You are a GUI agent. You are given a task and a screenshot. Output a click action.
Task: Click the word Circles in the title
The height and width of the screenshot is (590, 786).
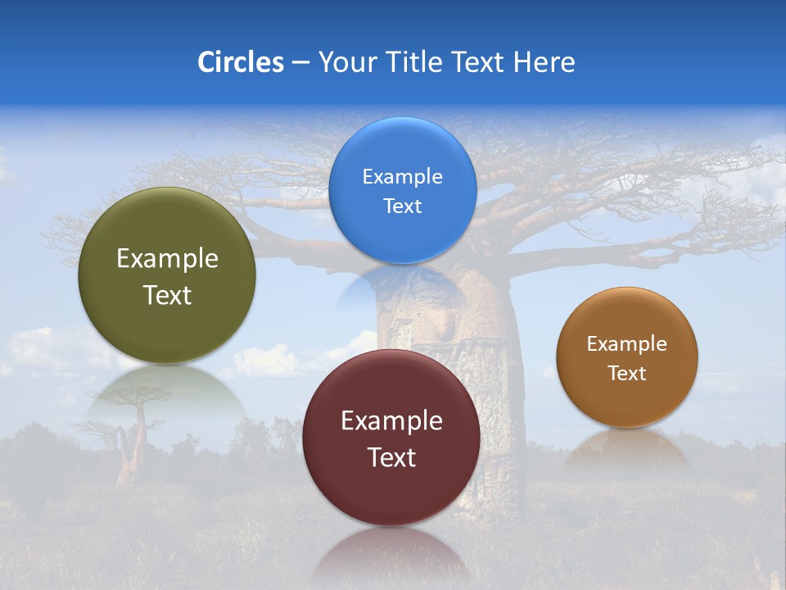point(241,62)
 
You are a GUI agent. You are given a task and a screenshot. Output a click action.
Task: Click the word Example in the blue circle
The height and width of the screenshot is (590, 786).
point(402,177)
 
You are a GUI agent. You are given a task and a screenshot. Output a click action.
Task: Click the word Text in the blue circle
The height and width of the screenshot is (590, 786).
point(402,206)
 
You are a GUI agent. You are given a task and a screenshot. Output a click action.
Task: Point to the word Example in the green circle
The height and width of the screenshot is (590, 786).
point(167,259)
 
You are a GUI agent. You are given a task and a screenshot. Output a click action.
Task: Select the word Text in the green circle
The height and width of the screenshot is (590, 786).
point(167,295)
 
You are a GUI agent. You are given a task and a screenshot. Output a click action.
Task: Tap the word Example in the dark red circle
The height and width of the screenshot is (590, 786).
point(391,421)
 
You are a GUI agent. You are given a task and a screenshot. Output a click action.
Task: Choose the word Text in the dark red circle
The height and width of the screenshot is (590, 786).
point(391,457)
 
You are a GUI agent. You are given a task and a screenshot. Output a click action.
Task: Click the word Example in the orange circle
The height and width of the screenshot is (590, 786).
point(626,344)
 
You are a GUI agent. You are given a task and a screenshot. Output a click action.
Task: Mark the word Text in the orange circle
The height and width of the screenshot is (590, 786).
point(626,374)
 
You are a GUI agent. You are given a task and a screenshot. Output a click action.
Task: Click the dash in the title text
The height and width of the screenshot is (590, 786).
point(300,63)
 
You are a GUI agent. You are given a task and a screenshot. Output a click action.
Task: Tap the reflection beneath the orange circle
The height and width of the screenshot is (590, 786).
point(627,451)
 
